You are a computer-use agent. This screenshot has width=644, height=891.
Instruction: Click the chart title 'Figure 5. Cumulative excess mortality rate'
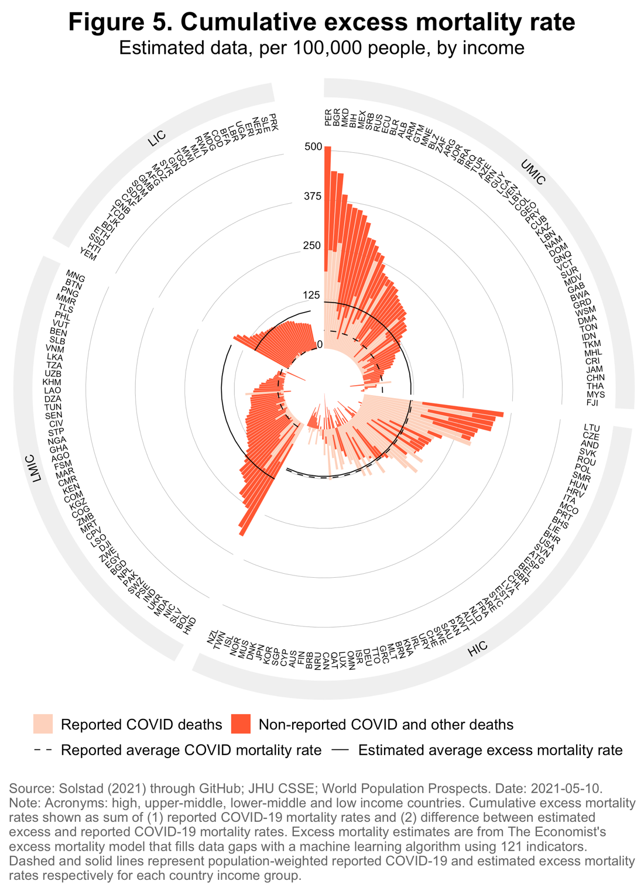click(x=321, y=22)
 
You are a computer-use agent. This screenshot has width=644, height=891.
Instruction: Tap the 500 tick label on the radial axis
click(x=313, y=146)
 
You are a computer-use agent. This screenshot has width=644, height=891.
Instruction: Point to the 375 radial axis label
click(x=313, y=196)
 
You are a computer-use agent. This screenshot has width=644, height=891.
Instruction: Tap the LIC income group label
click(x=156, y=138)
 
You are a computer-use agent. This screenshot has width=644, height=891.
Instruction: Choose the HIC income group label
click(x=477, y=646)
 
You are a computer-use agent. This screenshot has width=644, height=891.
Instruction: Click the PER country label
click(x=328, y=116)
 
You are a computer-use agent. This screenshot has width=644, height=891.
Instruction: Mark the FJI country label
click(x=592, y=403)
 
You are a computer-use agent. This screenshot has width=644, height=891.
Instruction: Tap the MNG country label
click(x=76, y=276)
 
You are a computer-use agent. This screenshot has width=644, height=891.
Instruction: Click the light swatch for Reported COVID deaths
click(x=43, y=724)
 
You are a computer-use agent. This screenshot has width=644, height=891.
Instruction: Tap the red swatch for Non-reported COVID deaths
click(x=241, y=724)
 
